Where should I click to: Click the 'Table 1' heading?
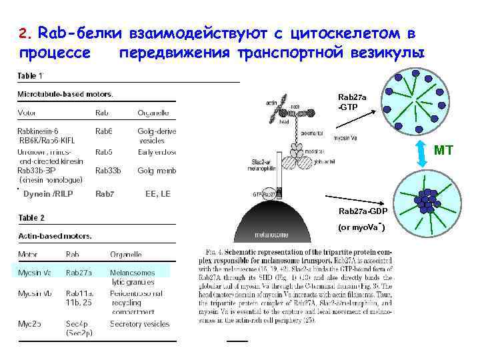click(30, 75)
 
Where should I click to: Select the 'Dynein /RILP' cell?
click(47, 194)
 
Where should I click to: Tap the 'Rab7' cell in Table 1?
click(105, 194)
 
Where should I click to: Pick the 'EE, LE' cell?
click(157, 194)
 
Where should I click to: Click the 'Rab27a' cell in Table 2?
click(79, 272)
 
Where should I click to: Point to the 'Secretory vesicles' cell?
click(140, 324)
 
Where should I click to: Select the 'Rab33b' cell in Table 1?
click(109, 170)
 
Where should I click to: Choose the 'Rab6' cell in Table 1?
click(104, 131)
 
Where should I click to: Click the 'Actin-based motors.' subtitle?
click(55, 235)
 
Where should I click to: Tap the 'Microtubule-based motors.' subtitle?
click(65, 93)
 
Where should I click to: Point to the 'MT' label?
click(443, 150)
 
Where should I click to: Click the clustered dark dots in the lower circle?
click(425, 199)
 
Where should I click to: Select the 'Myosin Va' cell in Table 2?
click(34, 272)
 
